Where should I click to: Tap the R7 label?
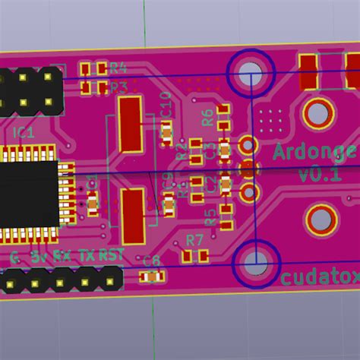tap(195, 241)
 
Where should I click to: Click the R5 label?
tap(210, 217)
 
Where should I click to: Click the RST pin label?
tap(111, 256)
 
